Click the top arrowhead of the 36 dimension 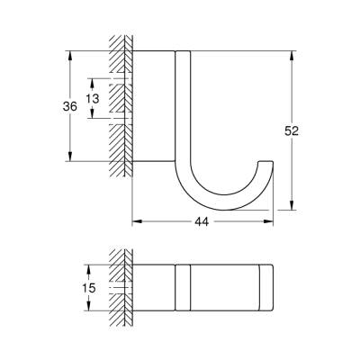point(68,53)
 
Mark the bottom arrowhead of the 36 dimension point(68,159)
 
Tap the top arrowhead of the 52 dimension point(292,53)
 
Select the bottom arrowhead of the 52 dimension point(292,207)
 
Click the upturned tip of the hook point(265,165)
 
